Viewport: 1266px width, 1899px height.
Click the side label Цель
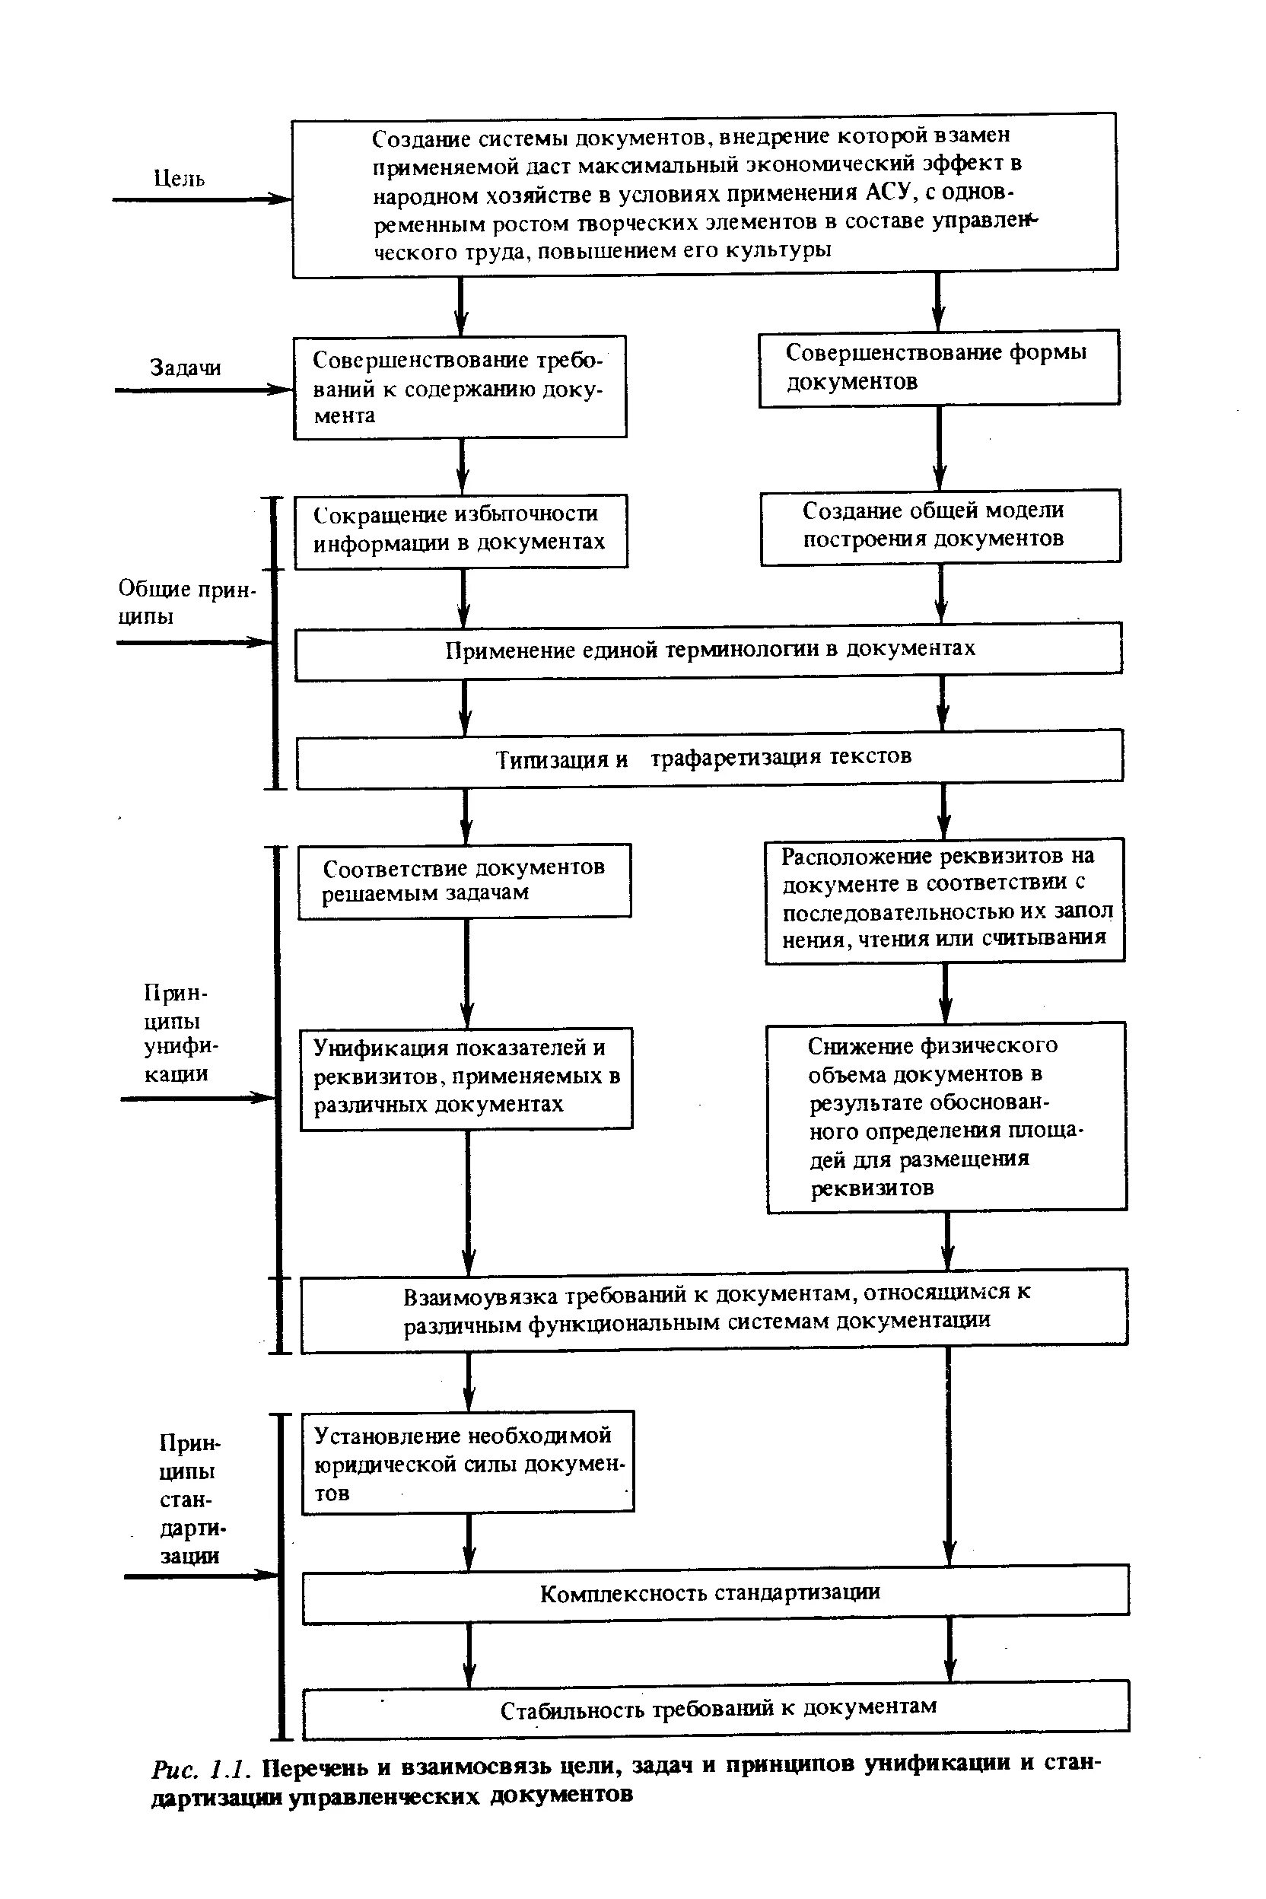(180, 177)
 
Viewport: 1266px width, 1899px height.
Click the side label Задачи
(185, 368)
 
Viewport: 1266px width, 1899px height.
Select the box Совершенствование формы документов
(938, 367)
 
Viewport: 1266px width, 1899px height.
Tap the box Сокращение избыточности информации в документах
(460, 530)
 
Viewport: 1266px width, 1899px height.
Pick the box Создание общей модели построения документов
(940, 526)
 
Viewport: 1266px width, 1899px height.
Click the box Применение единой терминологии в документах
(708, 650)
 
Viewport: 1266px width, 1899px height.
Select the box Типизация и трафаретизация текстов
(709, 758)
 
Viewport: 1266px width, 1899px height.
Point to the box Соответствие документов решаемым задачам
(464, 881)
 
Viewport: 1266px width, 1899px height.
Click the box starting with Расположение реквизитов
(944, 899)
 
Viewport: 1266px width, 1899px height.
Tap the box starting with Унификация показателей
(466, 1077)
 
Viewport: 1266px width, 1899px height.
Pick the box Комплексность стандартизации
(714, 1593)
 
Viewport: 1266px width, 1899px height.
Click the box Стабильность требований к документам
(715, 1709)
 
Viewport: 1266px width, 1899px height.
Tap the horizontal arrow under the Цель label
(201, 199)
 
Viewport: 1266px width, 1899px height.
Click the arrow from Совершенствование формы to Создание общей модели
(939, 447)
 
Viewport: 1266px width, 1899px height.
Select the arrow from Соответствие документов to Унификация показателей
(466, 972)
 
